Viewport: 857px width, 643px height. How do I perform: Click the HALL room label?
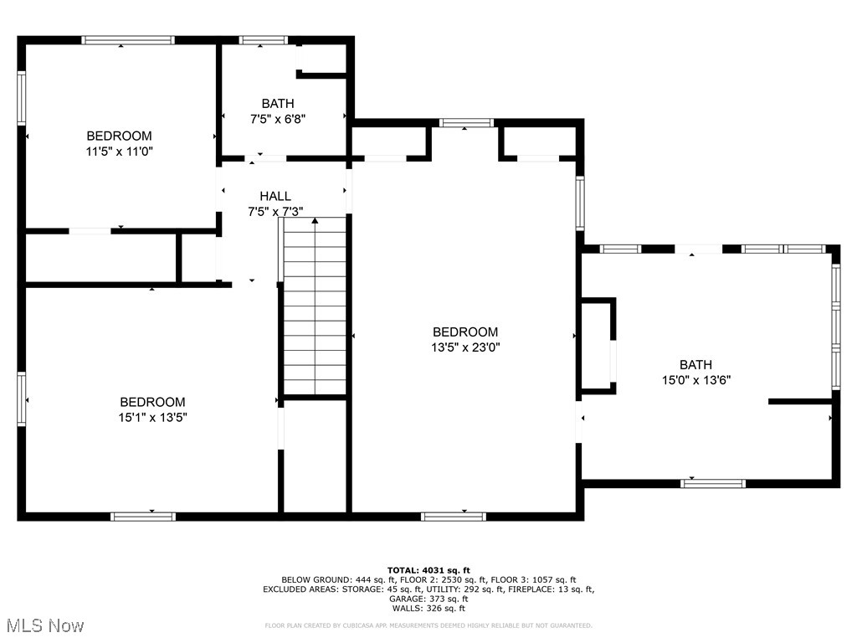(x=275, y=196)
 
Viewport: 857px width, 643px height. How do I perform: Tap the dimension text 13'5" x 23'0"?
(x=464, y=347)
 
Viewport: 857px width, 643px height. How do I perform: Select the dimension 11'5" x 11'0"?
(x=119, y=152)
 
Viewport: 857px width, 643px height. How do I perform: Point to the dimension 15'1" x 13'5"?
(x=151, y=417)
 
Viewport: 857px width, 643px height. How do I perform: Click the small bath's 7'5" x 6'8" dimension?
(x=277, y=119)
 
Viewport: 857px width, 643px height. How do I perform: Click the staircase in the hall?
(x=315, y=306)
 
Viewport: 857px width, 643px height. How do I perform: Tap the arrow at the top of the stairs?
(x=315, y=221)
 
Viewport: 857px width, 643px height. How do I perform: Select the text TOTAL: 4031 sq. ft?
(x=428, y=569)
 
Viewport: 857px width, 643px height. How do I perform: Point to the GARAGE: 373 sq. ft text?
(x=428, y=599)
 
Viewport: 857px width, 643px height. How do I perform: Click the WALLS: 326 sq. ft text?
(x=428, y=609)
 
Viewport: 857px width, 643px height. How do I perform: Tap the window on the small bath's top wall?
(x=264, y=39)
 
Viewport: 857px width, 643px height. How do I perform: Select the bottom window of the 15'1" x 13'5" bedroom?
(x=143, y=517)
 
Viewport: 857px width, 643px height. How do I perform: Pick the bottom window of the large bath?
(x=713, y=483)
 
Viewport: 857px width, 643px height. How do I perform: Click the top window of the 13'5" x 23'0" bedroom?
(x=466, y=123)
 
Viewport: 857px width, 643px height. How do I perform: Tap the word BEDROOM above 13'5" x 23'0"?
(x=464, y=332)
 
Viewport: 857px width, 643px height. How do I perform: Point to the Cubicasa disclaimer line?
(x=428, y=625)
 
